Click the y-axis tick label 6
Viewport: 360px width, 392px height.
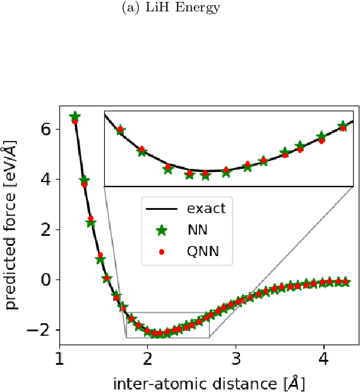(x=46, y=129)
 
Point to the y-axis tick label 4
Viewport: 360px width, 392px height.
(x=46, y=179)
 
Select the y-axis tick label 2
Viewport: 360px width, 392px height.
(x=46, y=229)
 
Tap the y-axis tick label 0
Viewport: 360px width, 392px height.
(x=46, y=279)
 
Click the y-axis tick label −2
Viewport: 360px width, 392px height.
(x=39, y=329)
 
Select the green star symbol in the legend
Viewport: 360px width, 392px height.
(x=162, y=230)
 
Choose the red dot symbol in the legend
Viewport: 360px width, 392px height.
(x=162, y=252)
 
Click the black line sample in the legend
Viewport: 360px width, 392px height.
(x=162, y=207)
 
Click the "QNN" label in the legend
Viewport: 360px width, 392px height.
(x=201, y=252)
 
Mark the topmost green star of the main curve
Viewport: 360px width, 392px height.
(x=75, y=117)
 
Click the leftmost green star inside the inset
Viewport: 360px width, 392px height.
(x=120, y=130)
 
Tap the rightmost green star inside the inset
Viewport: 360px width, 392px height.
(x=343, y=126)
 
